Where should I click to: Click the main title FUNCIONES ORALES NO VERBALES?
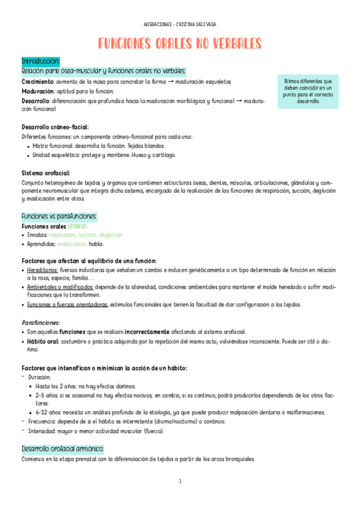point(180,44)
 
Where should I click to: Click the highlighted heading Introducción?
point(40,61)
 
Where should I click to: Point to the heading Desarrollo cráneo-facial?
point(55,127)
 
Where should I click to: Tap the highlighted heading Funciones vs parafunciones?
point(59,216)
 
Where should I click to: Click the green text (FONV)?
point(78,226)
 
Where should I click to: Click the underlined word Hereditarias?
point(43,270)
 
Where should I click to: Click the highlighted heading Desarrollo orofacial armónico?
point(63,449)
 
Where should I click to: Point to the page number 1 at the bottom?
point(180,481)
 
